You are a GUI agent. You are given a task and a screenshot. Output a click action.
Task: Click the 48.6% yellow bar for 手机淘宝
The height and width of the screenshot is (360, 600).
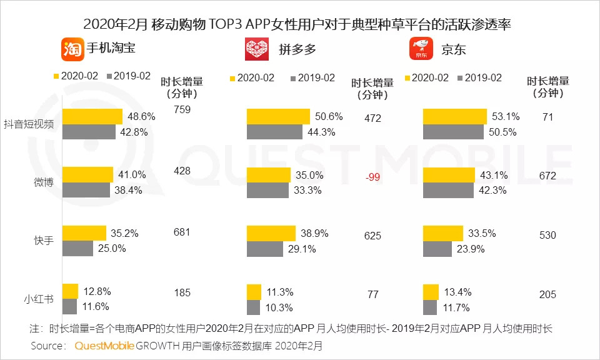[x=92, y=116]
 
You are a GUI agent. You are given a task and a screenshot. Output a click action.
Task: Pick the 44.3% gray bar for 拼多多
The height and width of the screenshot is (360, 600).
[x=275, y=132]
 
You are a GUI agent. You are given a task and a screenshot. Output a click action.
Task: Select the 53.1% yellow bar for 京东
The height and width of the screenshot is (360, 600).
[x=455, y=116]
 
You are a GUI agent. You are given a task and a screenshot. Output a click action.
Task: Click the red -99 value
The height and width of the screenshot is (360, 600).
[x=372, y=177]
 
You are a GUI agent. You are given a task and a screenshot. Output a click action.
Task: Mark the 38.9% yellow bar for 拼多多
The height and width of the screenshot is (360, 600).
[x=271, y=233]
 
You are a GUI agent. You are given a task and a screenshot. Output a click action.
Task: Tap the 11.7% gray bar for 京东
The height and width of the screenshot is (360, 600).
[x=430, y=307]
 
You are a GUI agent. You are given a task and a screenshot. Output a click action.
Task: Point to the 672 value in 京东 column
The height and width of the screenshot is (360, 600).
[x=547, y=176]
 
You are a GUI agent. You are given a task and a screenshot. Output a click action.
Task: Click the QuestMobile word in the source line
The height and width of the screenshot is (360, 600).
[x=104, y=346]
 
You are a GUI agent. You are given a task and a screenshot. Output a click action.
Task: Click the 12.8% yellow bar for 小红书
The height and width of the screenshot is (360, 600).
[x=71, y=291]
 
